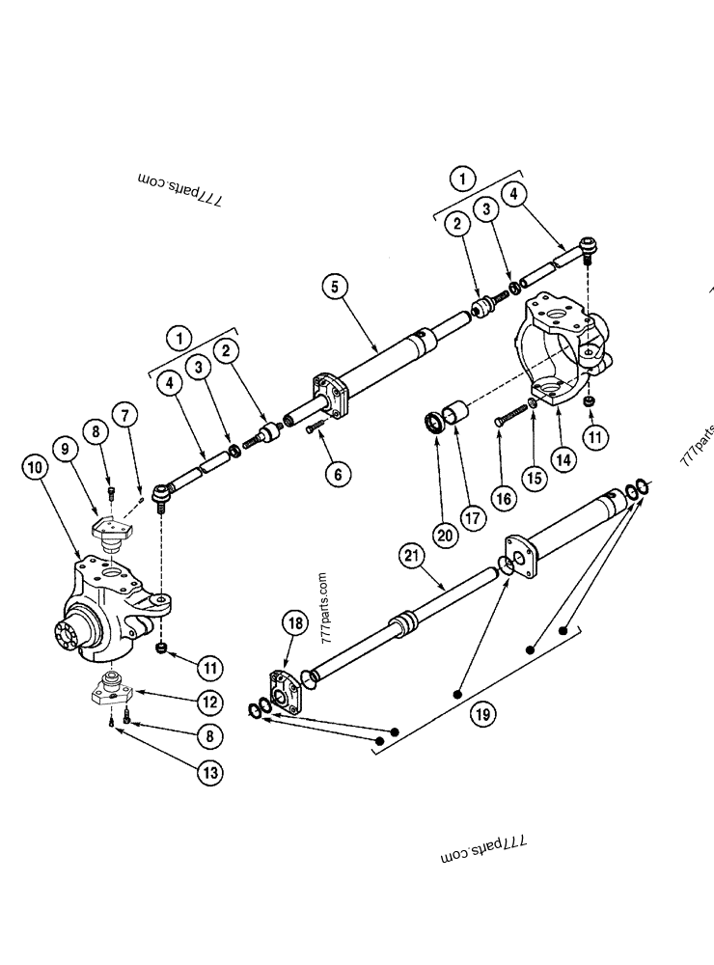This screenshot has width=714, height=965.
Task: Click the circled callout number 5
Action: tap(333, 287)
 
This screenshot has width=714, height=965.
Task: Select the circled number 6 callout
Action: tap(338, 473)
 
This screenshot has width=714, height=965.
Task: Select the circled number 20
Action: tap(445, 533)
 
